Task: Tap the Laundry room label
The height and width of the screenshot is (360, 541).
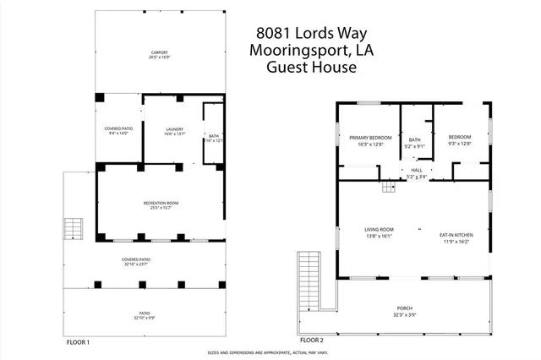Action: pyautogui.click(x=174, y=128)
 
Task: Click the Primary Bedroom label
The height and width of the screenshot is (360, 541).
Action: pyautogui.click(x=369, y=137)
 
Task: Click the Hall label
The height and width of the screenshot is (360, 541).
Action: pyautogui.click(x=417, y=170)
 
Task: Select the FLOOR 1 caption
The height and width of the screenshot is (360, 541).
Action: pyautogui.click(x=78, y=342)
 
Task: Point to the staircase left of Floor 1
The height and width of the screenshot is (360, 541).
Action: pyautogui.click(x=74, y=229)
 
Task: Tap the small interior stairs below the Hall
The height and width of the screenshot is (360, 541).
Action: pyautogui.click(x=389, y=187)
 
